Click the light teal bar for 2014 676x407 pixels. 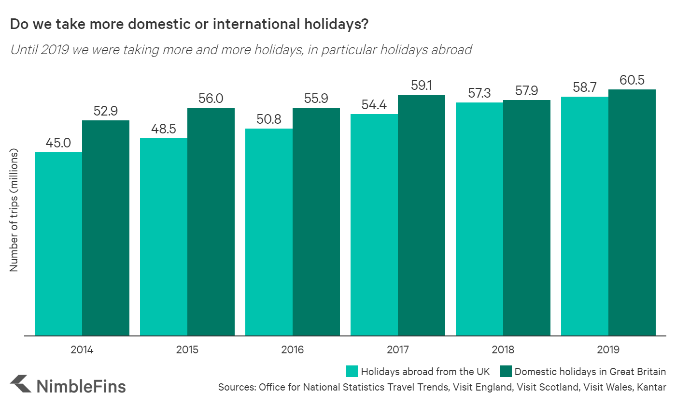[x=58, y=244]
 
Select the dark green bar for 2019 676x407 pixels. [x=632, y=213]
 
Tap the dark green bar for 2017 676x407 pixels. [x=422, y=215]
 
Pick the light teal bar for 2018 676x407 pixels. [x=479, y=219]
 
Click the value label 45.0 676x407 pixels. [x=58, y=143]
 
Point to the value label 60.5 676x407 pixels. [x=632, y=80]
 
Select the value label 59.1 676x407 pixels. [x=422, y=86]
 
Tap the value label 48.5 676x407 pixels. [x=164, y=129]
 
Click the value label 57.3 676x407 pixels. [x=479, y=93]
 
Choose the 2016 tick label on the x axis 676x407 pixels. [x=293, y=350]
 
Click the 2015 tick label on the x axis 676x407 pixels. [x=187, y=350]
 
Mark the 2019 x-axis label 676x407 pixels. [x=608, y=350]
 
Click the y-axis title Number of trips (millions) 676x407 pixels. [x=14, y=209]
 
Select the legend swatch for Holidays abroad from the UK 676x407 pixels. [x=352, y=372]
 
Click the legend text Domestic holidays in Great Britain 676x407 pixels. [x=590, y=372]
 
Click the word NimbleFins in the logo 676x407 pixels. [x=81, y=386]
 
